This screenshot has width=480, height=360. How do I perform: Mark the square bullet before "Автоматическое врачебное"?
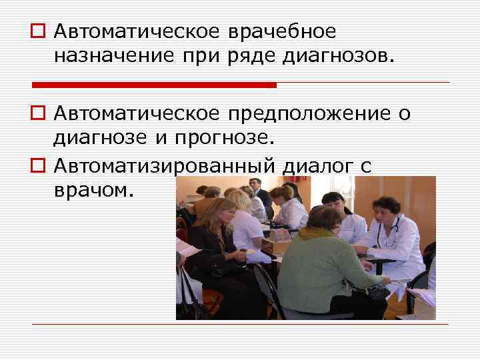point(37,32)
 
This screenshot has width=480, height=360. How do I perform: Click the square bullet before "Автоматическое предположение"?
point(37,115)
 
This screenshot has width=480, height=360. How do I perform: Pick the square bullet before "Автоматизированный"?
point(37,165)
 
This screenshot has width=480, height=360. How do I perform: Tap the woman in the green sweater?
point(313,267)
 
